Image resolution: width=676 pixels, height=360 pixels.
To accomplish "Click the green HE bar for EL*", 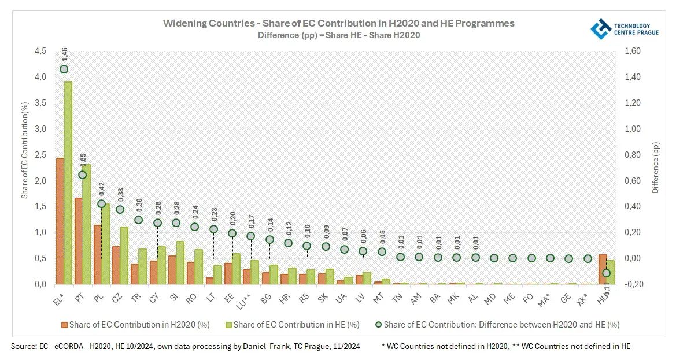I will click(68, 183).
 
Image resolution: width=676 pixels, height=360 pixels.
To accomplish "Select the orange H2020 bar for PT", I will click(79, 241).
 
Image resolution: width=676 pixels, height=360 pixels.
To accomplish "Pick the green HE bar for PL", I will click(105, 244).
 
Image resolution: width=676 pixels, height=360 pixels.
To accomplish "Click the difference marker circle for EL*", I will click(64, 69).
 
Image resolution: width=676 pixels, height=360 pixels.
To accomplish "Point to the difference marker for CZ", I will click(120, 210).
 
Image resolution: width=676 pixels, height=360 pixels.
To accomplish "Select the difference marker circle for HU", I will click(606, 273).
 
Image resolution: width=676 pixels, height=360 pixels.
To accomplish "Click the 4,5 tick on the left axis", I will click(40, 51).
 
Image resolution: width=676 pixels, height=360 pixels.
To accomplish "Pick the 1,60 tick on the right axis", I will click(634, 51).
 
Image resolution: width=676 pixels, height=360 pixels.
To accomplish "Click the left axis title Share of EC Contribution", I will click(25, 150).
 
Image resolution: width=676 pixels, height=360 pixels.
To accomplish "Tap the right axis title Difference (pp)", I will click(655, 168).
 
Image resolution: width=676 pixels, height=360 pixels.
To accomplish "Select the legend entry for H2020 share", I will click(135, 325).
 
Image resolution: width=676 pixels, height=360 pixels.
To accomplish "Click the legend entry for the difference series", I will click(498, 325).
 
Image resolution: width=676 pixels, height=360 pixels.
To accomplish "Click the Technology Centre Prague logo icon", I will click(600, 29).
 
